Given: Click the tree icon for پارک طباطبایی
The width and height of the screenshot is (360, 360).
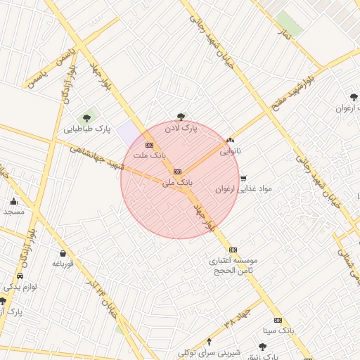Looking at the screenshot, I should click(87, 118).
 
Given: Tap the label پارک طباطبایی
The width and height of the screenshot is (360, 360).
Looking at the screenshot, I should click(88, 129).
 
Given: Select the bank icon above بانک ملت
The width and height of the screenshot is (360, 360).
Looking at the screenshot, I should click(149, 145).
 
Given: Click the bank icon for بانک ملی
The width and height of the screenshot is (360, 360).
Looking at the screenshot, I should click(177, 171).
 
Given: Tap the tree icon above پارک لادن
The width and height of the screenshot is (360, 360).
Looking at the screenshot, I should click(181, 117).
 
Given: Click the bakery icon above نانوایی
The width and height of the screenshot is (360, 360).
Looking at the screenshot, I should click(231, 141).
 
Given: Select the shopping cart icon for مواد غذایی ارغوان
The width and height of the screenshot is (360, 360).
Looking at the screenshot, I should click(243, 179).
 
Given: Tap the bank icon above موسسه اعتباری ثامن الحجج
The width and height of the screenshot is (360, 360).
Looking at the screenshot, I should click(233, 250).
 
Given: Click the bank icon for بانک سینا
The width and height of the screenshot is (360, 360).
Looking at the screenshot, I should click(277, 319).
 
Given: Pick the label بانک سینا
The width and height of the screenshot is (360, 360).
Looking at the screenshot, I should click(277, 329).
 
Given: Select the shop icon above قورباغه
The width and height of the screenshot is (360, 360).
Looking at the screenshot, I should click(63, 254).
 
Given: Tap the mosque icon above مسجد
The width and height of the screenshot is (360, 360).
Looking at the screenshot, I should click(13, 202).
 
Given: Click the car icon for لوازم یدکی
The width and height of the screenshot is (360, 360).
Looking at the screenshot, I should click(20, 276).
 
